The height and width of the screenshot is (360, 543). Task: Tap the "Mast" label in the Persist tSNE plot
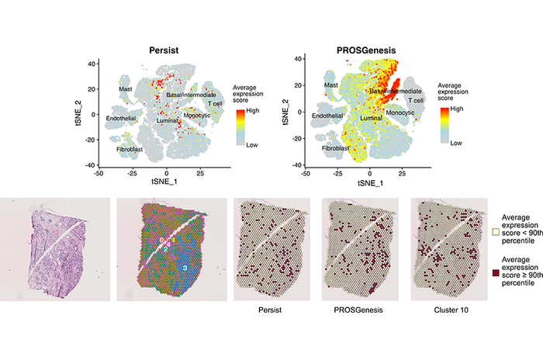(125, 90)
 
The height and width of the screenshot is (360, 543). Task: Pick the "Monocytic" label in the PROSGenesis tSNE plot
(400, 113)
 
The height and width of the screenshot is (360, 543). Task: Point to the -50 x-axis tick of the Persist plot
(99, 175)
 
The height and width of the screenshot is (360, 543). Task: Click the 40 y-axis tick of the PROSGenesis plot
(307, 63)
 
